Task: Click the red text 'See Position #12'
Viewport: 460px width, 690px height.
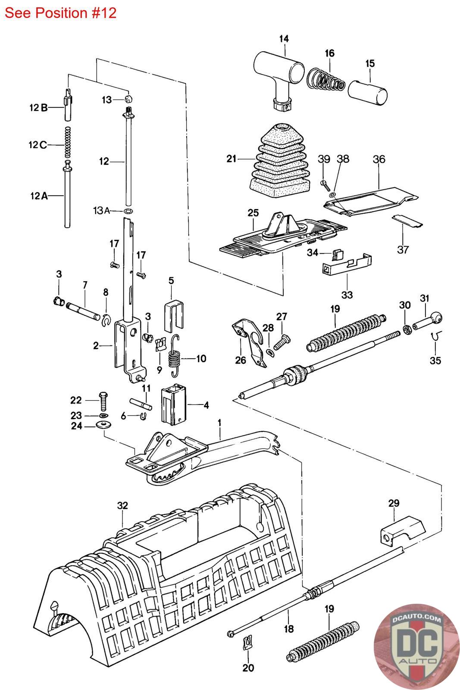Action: tap(60, 13)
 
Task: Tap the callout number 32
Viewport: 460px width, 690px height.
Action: tap(122, 505)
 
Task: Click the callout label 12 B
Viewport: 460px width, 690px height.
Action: tap(38, 107)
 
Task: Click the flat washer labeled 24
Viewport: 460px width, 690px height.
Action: tap(103, 425)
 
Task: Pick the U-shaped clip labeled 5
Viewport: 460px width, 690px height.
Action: tap(174, 315)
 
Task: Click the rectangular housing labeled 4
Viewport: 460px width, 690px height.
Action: tap(174, 404)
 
